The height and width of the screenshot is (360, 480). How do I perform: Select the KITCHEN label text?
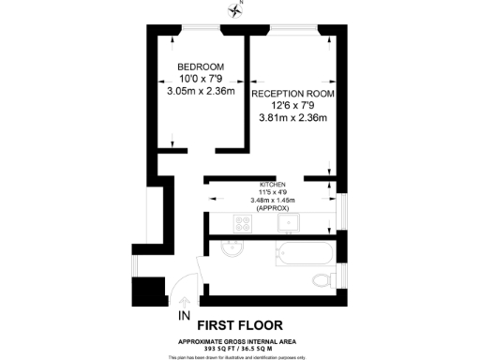(x=274, y=184)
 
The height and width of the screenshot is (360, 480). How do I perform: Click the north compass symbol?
(x=234, y=10)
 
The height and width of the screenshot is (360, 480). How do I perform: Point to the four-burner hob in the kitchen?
(x=243, y=224)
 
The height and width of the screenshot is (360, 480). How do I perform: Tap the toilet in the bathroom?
(x=322, y=277)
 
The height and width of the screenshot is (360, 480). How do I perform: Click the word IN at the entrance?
(x=184, y=316)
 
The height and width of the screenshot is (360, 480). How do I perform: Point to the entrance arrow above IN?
(x=184, y=298)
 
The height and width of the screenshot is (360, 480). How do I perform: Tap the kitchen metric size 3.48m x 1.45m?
(x=274, y=200)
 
